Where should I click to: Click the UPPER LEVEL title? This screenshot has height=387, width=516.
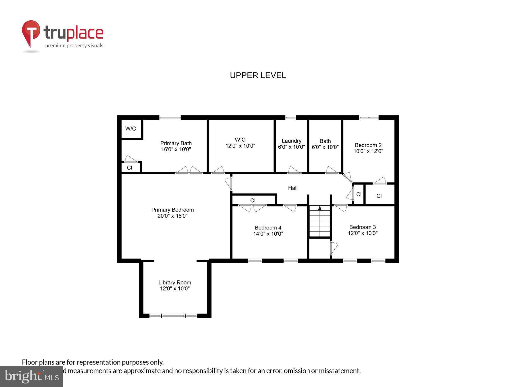pyautogui.click(x=258, y=75)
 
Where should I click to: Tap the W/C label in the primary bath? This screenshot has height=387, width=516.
pyautogui.click(x=131, y=129)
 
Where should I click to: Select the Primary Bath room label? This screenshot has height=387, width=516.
pyautogui.click(x=176, y=143)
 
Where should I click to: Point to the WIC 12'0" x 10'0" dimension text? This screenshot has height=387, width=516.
pyautogui.click(x=240, y=146)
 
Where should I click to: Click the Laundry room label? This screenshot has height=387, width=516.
pyautogui.click(x=292, y=141)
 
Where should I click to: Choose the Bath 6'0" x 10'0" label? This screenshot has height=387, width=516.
pyautogui.click(x=325, y=144)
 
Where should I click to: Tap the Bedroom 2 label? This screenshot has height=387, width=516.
pyautogui.click(x=368, y=145)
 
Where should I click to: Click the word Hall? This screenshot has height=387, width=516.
pyautogui.click(x=293, y=188)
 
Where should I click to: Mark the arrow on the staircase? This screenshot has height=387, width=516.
pyautogui.click(x=320, y=208)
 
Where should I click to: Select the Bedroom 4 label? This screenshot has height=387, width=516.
pyautogui.click(x=268, y=228)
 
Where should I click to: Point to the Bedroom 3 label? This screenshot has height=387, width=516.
pyautogui.click(x=362, y=227)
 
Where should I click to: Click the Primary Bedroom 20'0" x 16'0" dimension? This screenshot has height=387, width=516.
pyautogui.click(x=173, y=216)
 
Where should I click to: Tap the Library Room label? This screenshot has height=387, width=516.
pyautogui.click(x=175, y=282)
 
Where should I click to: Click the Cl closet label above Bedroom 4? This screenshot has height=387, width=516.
pyautogui.click(x=253, y=200)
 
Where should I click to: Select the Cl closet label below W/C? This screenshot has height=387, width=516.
pyautogui.click(x=130, y=168)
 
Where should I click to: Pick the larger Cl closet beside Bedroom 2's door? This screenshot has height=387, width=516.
pyautogui.click(x=379, y=196)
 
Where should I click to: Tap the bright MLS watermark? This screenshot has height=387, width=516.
pyautogui.click(x=31, y=376)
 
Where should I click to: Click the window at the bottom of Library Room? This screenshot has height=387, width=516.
pyautogui.click(x=173, y=315)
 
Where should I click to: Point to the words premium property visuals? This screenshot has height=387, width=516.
pyautogui.click(x=74, y=46)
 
